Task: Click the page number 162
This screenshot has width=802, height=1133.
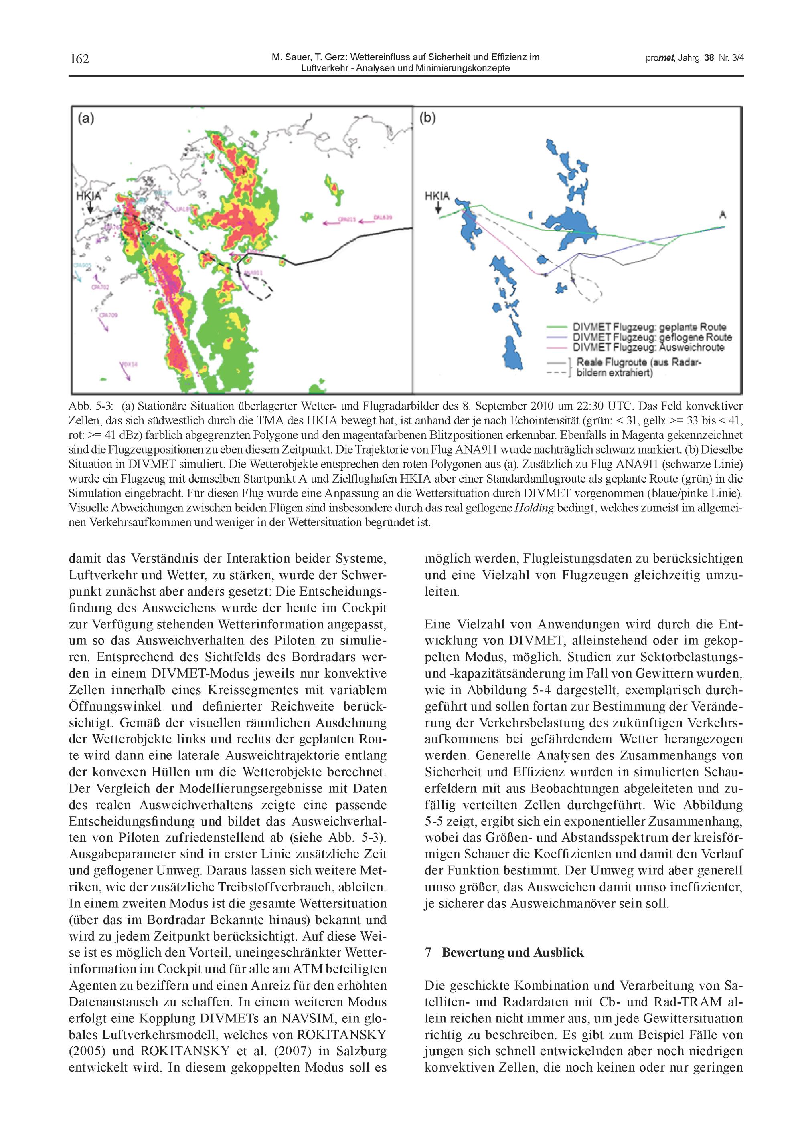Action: [x=79, y=59]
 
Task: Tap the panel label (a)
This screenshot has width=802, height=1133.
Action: [x=86, y=119]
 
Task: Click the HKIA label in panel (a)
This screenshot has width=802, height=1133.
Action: [x=89, y=196]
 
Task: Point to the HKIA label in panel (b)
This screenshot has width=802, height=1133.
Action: [x=437, y=196]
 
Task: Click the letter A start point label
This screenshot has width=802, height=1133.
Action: [x=723, y=215]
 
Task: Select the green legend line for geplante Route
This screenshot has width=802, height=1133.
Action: [x=557, y=327]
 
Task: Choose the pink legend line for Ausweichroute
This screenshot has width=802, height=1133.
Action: [x=557, y=347]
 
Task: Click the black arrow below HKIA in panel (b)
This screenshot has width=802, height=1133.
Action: [x=437, y=209]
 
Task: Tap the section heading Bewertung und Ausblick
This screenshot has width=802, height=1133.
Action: [x=512, y=952]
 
